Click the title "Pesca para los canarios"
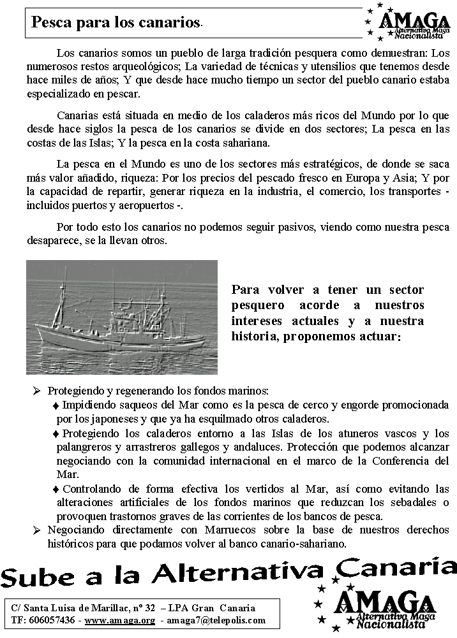click(x=116, y=23)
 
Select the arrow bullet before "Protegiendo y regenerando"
click(x=37, y=390)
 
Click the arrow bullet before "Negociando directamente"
click(x=37, y=530)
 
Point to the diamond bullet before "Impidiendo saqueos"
click(x=56, y=405)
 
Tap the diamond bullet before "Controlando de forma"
click(x=56, y=489)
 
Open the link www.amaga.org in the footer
click(x=120, y=620)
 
